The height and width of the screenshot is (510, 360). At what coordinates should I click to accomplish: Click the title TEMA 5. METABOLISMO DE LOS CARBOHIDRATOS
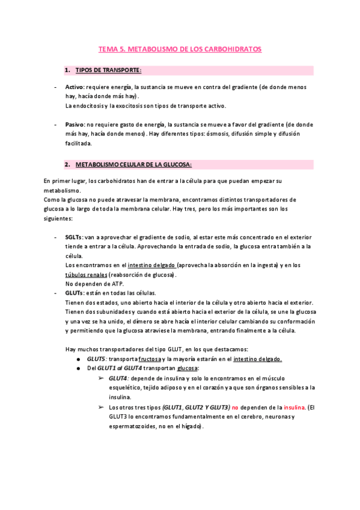pos(180,49)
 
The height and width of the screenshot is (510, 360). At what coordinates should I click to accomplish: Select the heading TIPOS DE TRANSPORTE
pos(108,70)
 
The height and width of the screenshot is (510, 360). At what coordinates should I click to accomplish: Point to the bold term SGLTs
pos(75,238)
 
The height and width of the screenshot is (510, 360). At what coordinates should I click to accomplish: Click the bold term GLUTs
pos(75,293)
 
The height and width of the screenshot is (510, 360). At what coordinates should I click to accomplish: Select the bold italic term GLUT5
pos(97,358)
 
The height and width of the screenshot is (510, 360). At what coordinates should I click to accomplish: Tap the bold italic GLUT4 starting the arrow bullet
pos(118,378)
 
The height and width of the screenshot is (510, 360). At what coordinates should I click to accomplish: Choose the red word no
pos(236,407)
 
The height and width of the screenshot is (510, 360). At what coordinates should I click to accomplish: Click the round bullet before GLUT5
pos(80,359)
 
